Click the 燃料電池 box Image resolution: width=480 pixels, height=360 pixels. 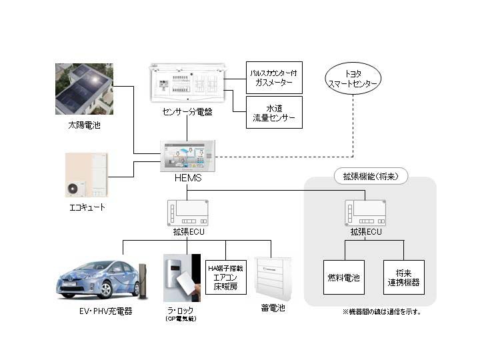pyautogui.click(x=345, y=277)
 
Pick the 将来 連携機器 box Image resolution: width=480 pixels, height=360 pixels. pyautogui.click(x=404, y=277)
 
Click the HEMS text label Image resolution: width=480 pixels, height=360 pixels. pyautogui.click(x=186, y=178)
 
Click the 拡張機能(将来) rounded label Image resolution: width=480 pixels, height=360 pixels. pyautogui.click(x=370, y=177)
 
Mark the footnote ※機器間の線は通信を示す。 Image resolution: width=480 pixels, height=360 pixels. pyautogui.click(x=381, y=311)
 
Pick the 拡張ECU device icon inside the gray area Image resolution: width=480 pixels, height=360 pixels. pyautogui.click(x=365, y=212)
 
